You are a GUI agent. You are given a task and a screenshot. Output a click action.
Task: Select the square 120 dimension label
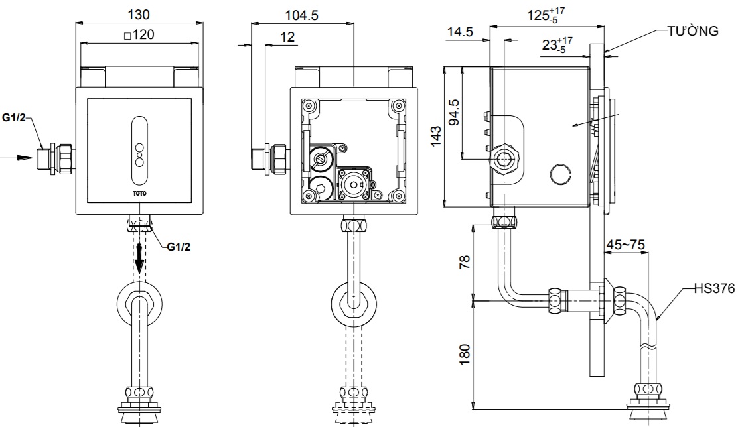[139, 35]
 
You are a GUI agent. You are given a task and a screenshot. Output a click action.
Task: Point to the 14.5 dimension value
[460, 31]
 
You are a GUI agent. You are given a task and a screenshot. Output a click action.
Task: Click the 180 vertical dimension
[465, 353]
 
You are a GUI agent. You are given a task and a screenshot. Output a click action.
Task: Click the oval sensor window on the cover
[140, 151]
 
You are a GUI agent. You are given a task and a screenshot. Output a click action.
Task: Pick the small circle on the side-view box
[561, 174]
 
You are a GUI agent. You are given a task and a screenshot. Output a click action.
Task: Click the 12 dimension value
[287, 37]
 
